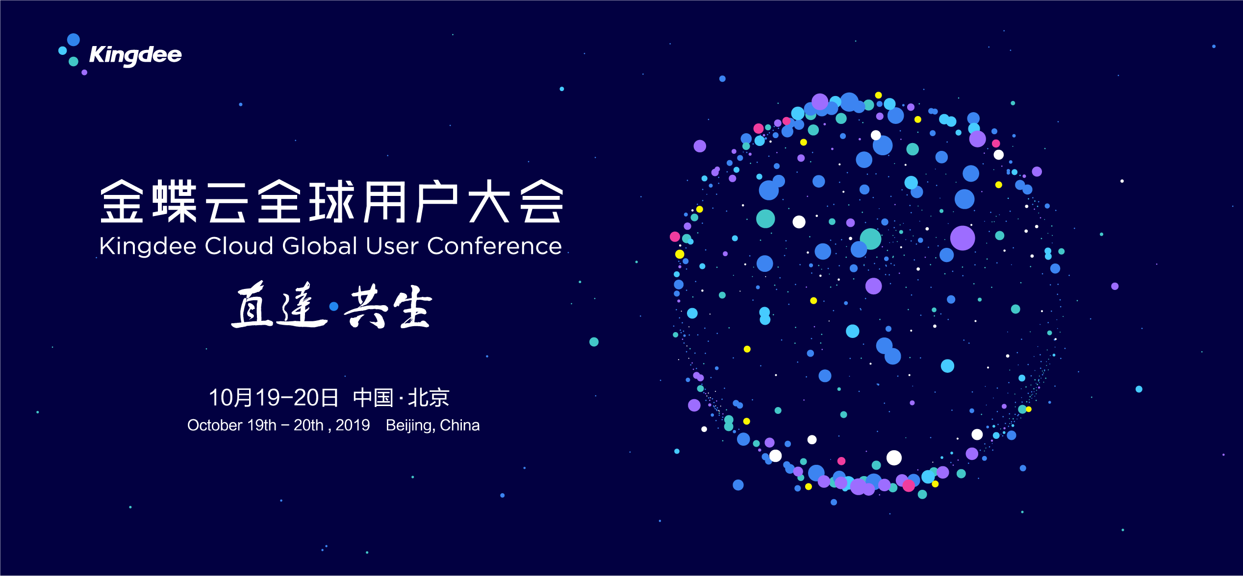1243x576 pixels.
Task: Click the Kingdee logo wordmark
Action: pos(135,55)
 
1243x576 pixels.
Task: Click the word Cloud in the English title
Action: pos(239,246)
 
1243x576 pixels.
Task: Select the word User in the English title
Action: pos(393,246)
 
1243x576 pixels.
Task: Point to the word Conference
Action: pos(494,246)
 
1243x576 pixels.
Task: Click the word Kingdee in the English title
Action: pos(148,246)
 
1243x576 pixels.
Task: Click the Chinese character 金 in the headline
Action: pos(122,201)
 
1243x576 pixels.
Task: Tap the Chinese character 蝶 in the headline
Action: pos(175,201)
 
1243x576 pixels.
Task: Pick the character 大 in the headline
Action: pos(489,201)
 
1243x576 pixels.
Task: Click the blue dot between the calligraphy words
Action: pos(334,307)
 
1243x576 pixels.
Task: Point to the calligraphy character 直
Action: pos(252,304)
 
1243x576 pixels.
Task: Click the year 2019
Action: pos(353,425)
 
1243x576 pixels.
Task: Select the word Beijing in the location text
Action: pos(410,426)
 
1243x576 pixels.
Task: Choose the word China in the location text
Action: pos(460,425)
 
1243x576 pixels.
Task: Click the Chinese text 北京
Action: pos(429,398)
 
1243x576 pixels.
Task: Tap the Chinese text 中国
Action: pos(373,398)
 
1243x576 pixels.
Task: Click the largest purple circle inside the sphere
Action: pos(963,238)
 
